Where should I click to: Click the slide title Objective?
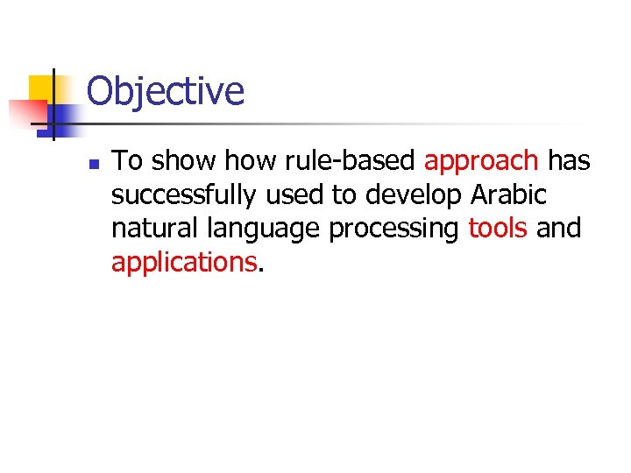click(166, 91)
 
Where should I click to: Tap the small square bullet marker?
click(95, 164)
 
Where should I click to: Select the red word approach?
click(481, 161)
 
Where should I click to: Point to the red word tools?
click(498, 229)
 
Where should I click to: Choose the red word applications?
click(184, 262)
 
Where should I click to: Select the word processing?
click(394, 229)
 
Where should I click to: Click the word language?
click(266, 229)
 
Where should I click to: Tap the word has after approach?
click(569, 161)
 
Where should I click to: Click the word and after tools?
click(558, 229)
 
